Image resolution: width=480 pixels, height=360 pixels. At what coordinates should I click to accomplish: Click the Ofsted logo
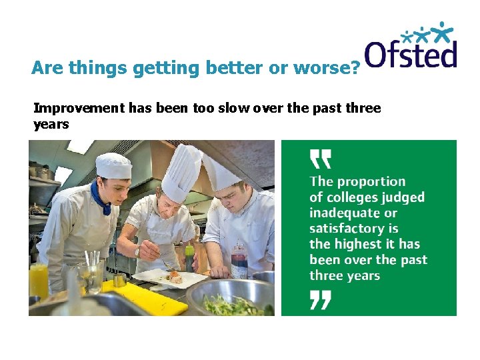coord(411,46)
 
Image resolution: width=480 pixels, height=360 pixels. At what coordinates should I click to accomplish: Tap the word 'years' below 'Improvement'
coord(51,124)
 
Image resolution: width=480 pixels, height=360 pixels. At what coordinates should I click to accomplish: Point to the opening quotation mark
coord(321,159)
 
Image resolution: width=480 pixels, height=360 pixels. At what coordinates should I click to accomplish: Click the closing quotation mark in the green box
coord(321,301)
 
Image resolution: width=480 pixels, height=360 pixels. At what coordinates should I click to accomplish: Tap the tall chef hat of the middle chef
coord(181,173)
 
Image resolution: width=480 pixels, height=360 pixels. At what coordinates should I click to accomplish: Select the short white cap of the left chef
coord(113,165)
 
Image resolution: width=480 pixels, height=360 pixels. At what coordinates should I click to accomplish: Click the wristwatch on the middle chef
coord(137,252)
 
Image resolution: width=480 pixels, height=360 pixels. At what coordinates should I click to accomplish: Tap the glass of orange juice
coord(39,280)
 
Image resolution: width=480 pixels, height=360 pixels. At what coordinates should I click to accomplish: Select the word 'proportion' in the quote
coord(371,181)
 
